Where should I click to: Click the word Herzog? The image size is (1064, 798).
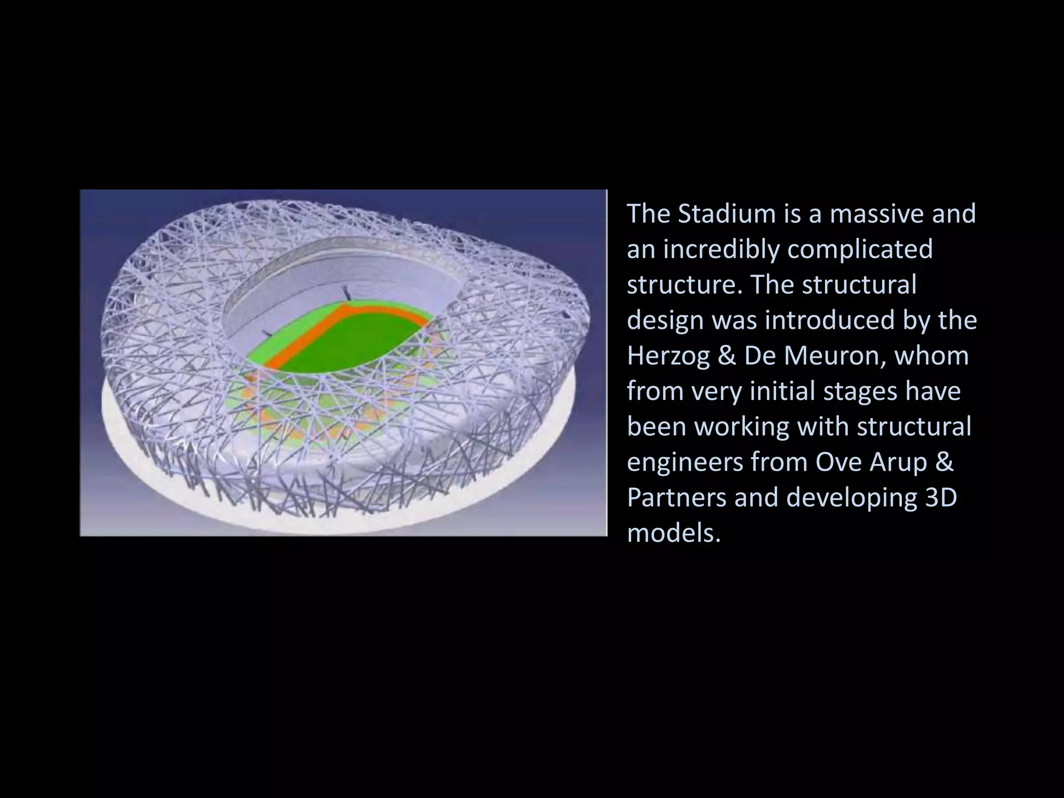pyautogui.click(x=668, y=356)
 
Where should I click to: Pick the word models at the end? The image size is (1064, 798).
pyautogui.click(x=673, y=533)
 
